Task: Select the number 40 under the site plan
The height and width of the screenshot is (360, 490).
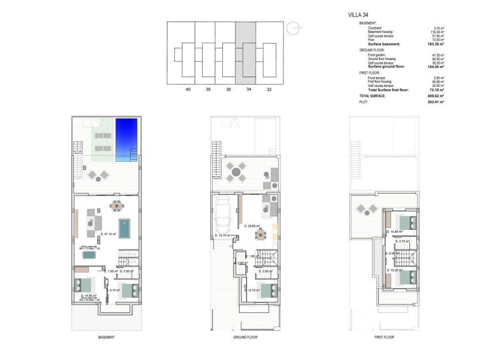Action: tap(188, 90)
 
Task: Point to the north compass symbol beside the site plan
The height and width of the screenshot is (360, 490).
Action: tap(294, 26)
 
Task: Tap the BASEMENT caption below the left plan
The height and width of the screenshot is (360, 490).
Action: tap(106, 337)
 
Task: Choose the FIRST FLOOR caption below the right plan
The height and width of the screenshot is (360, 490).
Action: tap(383, 337)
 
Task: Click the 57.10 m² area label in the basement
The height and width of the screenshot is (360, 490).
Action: tap(109, 234)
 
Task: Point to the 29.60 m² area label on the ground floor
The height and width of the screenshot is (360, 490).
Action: tap(252, 226)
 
